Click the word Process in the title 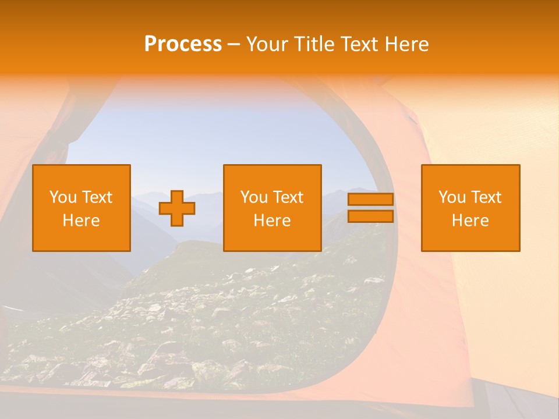click(x=183, y=44)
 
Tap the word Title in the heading click(x=314, y=44)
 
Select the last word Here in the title click(x=407, y=44)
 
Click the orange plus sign click(x=177, y=208)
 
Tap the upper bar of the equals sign click(x=370, y=200)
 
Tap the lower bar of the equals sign click(x=370, y=216)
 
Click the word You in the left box click(x=63, y=197)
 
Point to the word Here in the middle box click(x=272, y=221)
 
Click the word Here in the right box click(x=470, y=221)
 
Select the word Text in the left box click(x=97, y=197)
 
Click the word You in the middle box click(x=254, y=197)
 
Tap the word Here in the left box click(x=81, y=221)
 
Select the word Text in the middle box click(x=288, y=197)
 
